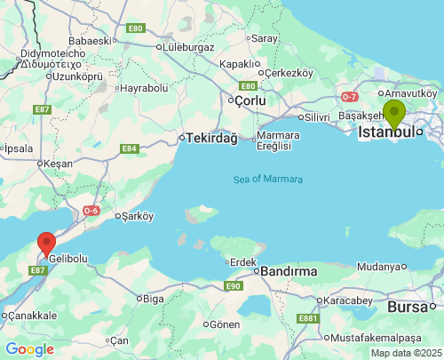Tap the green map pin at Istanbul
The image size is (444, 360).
pyautogui.click(x=394, y=114)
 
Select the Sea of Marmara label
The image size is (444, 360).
pyautogui.click(x=268, y=179)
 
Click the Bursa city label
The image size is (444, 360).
pyautogui.click(x=409, y=307)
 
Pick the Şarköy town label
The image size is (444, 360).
pyautogui.click(x=138, y=215)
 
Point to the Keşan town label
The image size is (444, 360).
pyautogui.click(x=59, y=164)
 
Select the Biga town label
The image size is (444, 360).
pyautogui.click(x=153, y=299)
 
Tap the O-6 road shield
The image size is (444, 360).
pyautogui.click(x=91, y=211)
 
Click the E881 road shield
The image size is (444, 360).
pyautogui.click(x=308, y=318)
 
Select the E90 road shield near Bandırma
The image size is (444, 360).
pyautogui.click(x=234, y=285)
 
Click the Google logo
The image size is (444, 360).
pyautogui.click(x=29, y=349)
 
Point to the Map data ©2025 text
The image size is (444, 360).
pyautogui.click(x=406, y=353)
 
